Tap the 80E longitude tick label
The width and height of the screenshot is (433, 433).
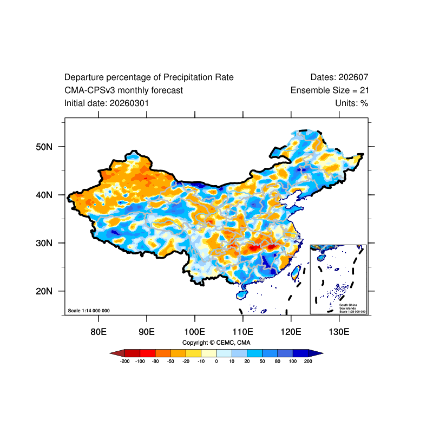pyautogui.click(x=99, y=331)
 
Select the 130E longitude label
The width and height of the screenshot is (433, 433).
pyautogui.click(x=339, y=331)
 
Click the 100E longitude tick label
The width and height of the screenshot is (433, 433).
pyautogui.click(x=194, y=331)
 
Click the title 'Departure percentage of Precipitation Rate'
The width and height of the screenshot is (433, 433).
pyautogui.click(x=149, y=77)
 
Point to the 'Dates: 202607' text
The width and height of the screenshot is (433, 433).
pyautogui.click(x=339, y=77)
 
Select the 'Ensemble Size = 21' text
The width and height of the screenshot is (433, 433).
pyautogui.click(x=330, y=90)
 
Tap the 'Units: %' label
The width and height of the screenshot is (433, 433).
pyautogui.click(x=352, y=103)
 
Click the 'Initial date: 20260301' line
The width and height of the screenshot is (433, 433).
pyautogui.click(x=107, y=103)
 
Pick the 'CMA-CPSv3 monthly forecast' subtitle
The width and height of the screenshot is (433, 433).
pyautogui.click(x=123, y=90)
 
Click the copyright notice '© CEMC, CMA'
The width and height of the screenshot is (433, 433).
pyautogui.click(x=216, y=343)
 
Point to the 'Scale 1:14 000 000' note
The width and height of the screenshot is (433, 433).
pyautogui.click(x=89, y=311)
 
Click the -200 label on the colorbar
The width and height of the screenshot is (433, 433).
pyautogui.click(x=124, y=361)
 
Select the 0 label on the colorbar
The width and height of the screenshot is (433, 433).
pyautogui.click(x=216, y=361)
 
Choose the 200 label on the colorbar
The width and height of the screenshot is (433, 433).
pyautogui.click(x=308, y=361)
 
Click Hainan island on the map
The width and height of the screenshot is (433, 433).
pyautogui.click(x=241, y=295)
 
